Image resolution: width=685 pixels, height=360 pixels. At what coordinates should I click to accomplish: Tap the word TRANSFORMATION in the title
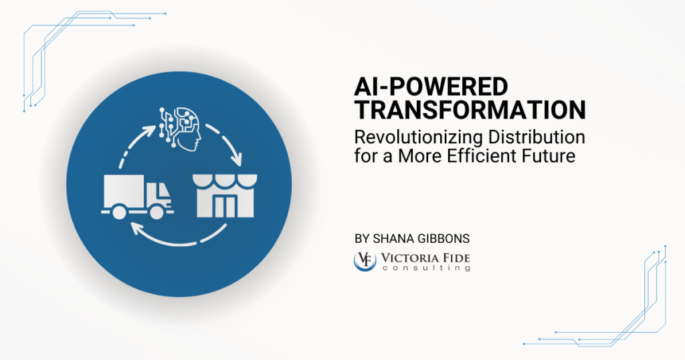click(x=470, y=110)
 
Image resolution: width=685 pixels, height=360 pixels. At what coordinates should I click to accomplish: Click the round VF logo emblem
click(x=365, y=260)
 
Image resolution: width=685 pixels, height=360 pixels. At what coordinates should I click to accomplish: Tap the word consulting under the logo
click(x=427, y=268)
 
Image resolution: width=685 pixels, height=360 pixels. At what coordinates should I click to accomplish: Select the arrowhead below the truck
click(x=136, y=229)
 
